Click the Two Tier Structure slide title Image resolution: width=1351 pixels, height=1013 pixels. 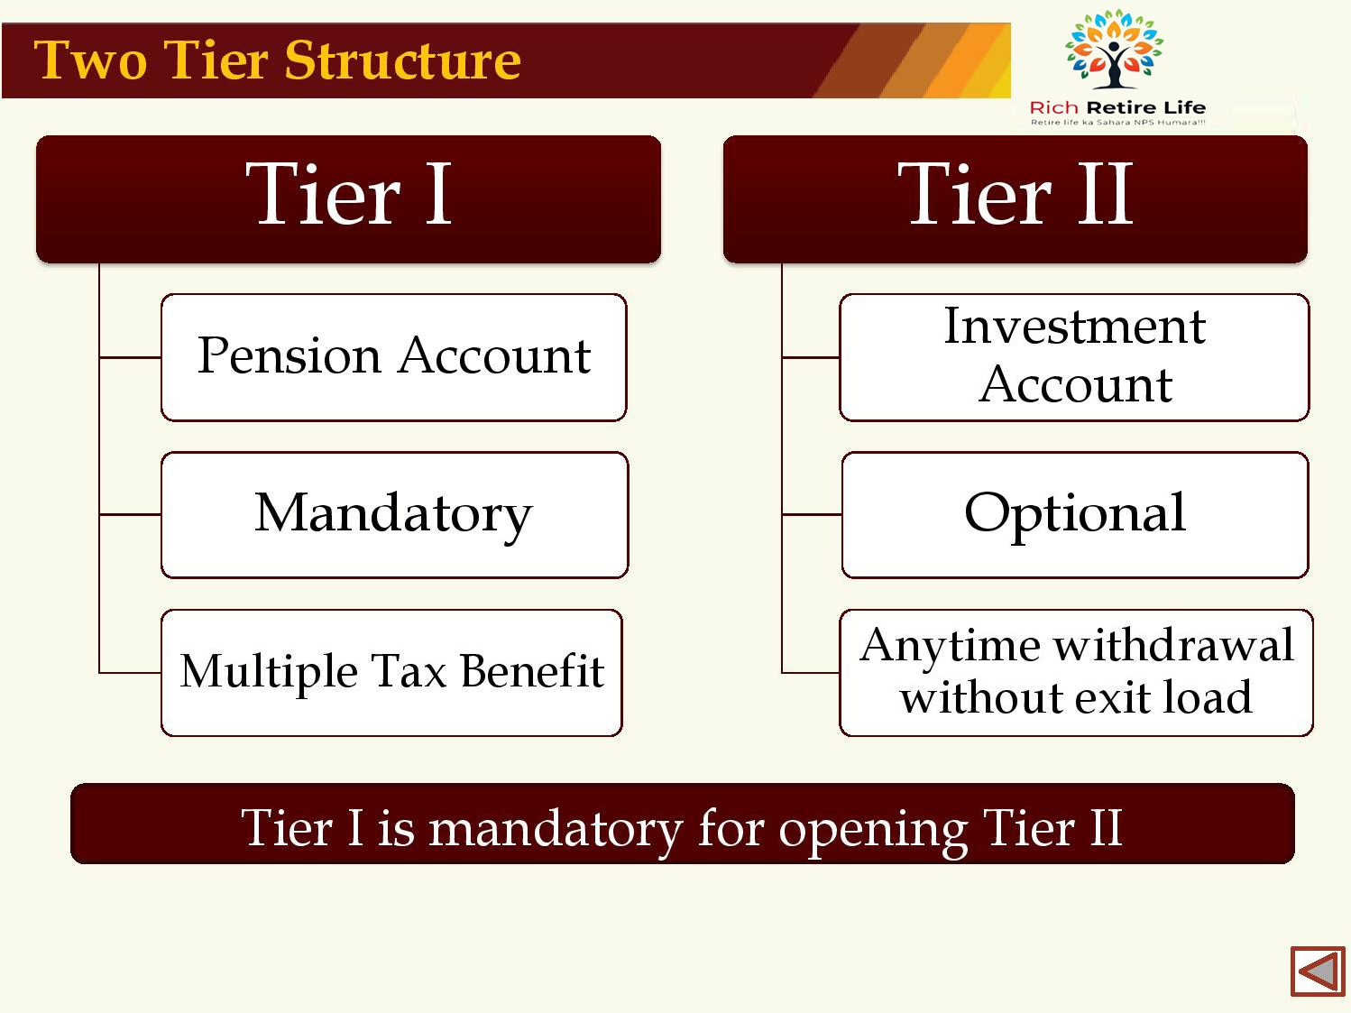tap(277, 60)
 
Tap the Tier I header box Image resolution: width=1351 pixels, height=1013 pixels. tap(348, 198)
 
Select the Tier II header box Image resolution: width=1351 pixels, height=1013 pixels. tap(1015, 198)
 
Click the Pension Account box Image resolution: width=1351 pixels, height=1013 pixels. tap(394, 357)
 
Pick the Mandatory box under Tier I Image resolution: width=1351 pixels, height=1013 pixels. tap(394, 515)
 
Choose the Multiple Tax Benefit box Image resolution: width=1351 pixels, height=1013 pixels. tap(391, 673)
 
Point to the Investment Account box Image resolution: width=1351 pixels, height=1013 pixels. tap(1074, 357)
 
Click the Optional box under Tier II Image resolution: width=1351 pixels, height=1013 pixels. tap(1075, 515)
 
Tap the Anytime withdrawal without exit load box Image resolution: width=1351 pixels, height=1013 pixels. tap(1076, 673)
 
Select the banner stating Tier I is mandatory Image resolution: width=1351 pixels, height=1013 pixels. tap(683, 824)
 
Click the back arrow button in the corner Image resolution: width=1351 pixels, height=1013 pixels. tap(1317, 972)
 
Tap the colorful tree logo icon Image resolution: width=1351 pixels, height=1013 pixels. tap(1114, 50)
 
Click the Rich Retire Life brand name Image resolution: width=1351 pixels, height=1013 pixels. tap(1117, 107)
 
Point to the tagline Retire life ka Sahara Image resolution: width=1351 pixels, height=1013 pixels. tap(1117, 122)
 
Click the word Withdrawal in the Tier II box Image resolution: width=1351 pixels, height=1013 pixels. tap(1173, 646)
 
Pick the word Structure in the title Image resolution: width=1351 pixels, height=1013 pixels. tap(403, 60)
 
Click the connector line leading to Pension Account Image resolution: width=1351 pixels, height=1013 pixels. tap(130, 357)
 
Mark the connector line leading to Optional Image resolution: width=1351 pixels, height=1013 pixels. tap(811, 514)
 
